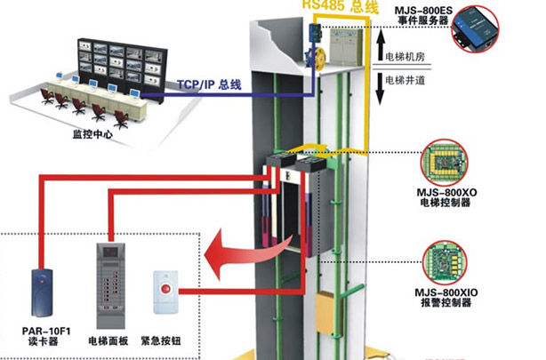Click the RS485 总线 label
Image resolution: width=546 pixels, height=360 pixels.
click(x=340, y=7)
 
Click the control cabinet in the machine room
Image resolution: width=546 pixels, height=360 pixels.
click(x=343, y=44)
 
